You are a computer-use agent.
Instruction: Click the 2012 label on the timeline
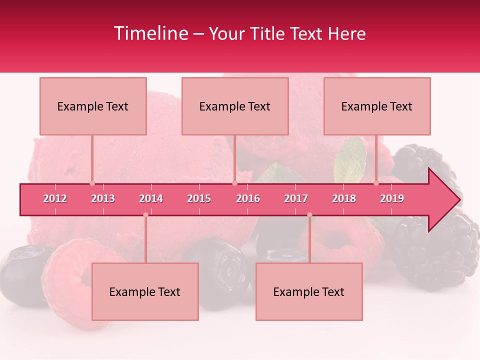click(55, 198)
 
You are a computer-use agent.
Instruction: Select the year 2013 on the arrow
click(103, 198)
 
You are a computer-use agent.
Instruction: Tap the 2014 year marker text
click(151, 198)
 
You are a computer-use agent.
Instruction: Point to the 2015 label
click(199, 198)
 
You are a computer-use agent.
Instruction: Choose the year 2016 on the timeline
click(248, 198)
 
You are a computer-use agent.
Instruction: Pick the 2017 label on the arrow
click(296, 198)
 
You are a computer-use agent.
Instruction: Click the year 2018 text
click(344, 198)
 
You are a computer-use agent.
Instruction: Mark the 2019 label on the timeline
click(392, 198)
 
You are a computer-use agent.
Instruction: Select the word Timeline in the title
click(150, 33)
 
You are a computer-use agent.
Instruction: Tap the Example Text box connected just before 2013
click(93, 106)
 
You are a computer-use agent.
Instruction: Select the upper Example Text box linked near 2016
click(235, 106)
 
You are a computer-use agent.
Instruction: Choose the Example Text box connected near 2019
click(377, 106)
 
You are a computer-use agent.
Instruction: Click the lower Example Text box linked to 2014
click(145, 292)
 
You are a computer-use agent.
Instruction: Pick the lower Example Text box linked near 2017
click(309, 292)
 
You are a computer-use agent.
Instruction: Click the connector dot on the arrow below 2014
click(145, 215)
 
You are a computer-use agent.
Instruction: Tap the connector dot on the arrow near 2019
click(376, 183)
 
